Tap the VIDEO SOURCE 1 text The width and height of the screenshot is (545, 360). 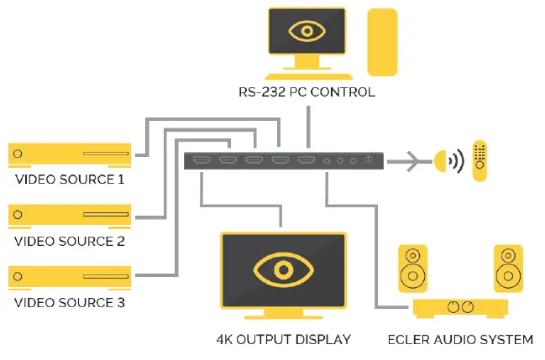[x=70, y=180]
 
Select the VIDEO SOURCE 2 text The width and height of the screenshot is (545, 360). [x=70, y=242]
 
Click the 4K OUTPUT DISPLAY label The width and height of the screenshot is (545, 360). [x=282, y=340]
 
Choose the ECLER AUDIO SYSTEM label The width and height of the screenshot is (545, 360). [x=460, y=340]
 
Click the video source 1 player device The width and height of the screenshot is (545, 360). [x=70, y=154]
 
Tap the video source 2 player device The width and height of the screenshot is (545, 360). [x=70, y=216]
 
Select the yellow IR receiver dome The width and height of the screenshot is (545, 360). [x=441, y=160]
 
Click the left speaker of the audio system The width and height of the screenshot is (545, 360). [x=412, y=269]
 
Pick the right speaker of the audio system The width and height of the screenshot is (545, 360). [x=508, y=269]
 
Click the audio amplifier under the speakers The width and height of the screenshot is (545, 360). [x=460, y=308]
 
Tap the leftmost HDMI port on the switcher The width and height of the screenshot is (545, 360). [x=202, y=159]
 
